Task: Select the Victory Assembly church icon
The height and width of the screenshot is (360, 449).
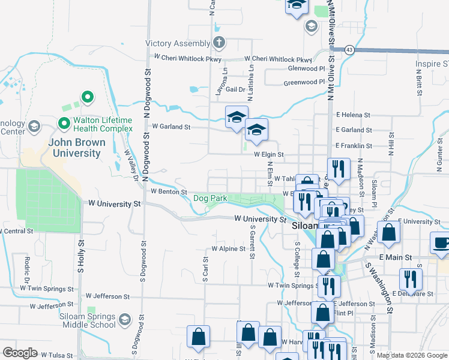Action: tap(219, 43)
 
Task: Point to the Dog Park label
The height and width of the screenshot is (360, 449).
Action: tap(210, 198)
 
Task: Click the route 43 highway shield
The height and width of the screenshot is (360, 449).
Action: tap(349, 49)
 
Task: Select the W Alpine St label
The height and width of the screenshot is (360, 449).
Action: tap(228, 248)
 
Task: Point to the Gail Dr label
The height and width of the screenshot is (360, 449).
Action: tap(238, 89)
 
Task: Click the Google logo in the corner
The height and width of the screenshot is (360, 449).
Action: tap(20, 353)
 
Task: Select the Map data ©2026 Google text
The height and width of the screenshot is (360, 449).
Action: tap(412, 355)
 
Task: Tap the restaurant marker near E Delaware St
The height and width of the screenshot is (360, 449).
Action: tap(411, 279)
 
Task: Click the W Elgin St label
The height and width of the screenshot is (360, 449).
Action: tap(268, 154)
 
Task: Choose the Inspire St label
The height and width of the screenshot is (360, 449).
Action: tap(432, 64)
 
